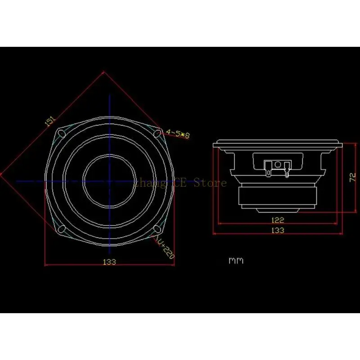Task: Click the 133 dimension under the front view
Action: (x=109, y=261)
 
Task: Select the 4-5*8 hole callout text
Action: (x=178, y=134)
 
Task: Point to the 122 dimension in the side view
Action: (x=278, y=220)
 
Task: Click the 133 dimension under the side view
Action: (x=278, y=230)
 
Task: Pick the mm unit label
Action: (x=236, y=261)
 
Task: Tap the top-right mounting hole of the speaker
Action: (x=157, y=132)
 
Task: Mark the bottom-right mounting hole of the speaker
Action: (x=157, y=229)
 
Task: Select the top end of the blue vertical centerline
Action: (x=109, y=95)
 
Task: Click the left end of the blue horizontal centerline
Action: (x=17, y=181)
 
